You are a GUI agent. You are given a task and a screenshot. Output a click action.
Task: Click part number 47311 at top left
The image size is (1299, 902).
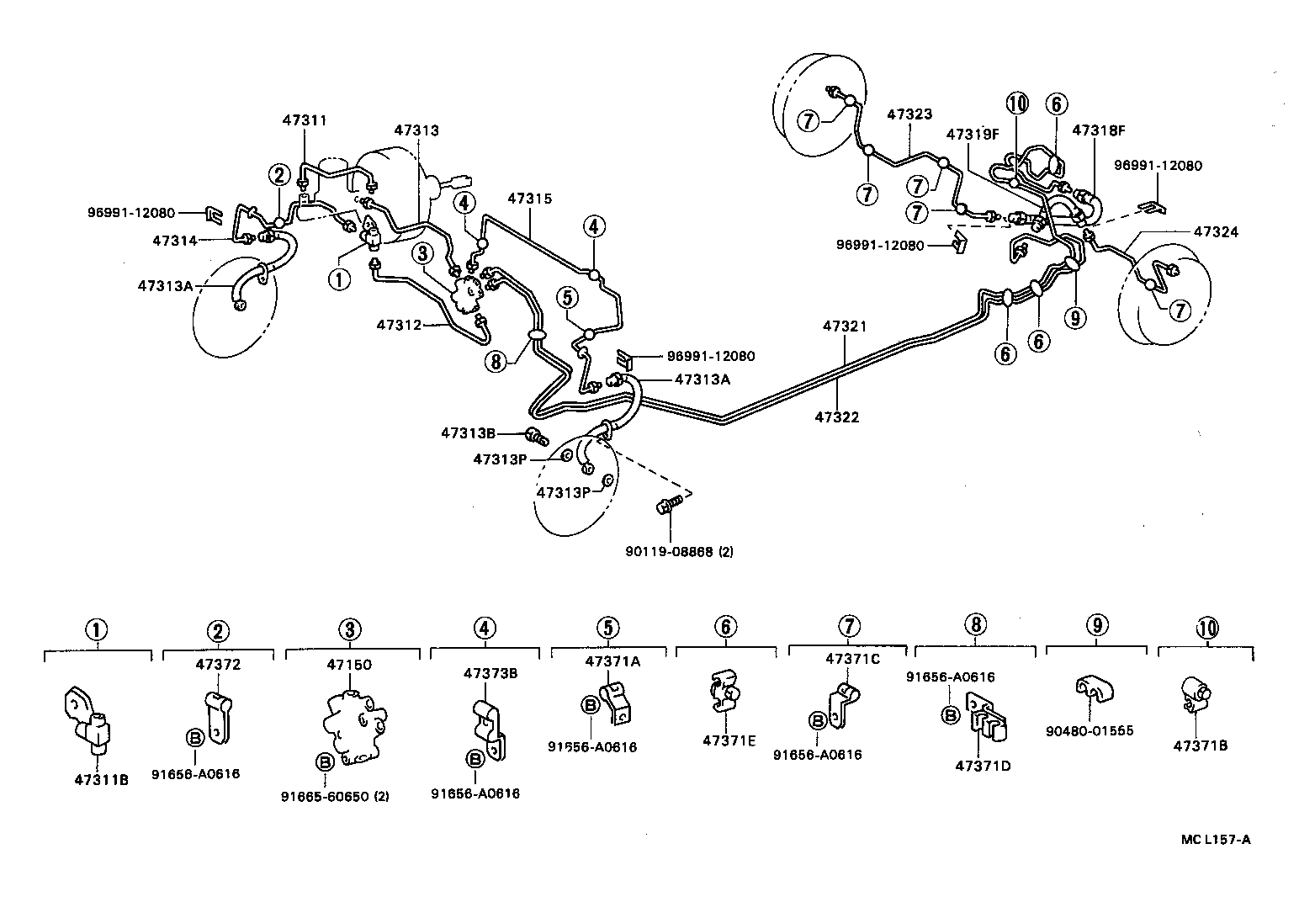pos(304,121)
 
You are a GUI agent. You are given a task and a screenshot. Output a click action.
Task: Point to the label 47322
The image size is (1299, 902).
pos(837,417)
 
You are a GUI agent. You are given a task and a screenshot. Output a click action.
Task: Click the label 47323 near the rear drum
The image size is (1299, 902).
pos(909,114)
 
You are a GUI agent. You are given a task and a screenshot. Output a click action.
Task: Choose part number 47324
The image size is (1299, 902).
pos(1216,232)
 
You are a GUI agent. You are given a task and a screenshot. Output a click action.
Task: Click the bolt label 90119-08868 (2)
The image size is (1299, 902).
pos(679,551)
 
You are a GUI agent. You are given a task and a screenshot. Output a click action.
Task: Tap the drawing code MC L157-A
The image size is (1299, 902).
pos(1216,839)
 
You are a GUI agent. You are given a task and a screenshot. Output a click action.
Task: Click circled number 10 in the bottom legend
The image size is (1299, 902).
pos(1206,628)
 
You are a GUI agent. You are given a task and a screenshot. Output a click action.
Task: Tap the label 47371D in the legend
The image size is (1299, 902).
pos(982,766)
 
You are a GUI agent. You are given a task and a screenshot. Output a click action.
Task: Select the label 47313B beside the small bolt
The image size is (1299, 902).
pos(468,433)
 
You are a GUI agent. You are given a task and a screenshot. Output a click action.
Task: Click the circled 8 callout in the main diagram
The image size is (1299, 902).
pos(496,362)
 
